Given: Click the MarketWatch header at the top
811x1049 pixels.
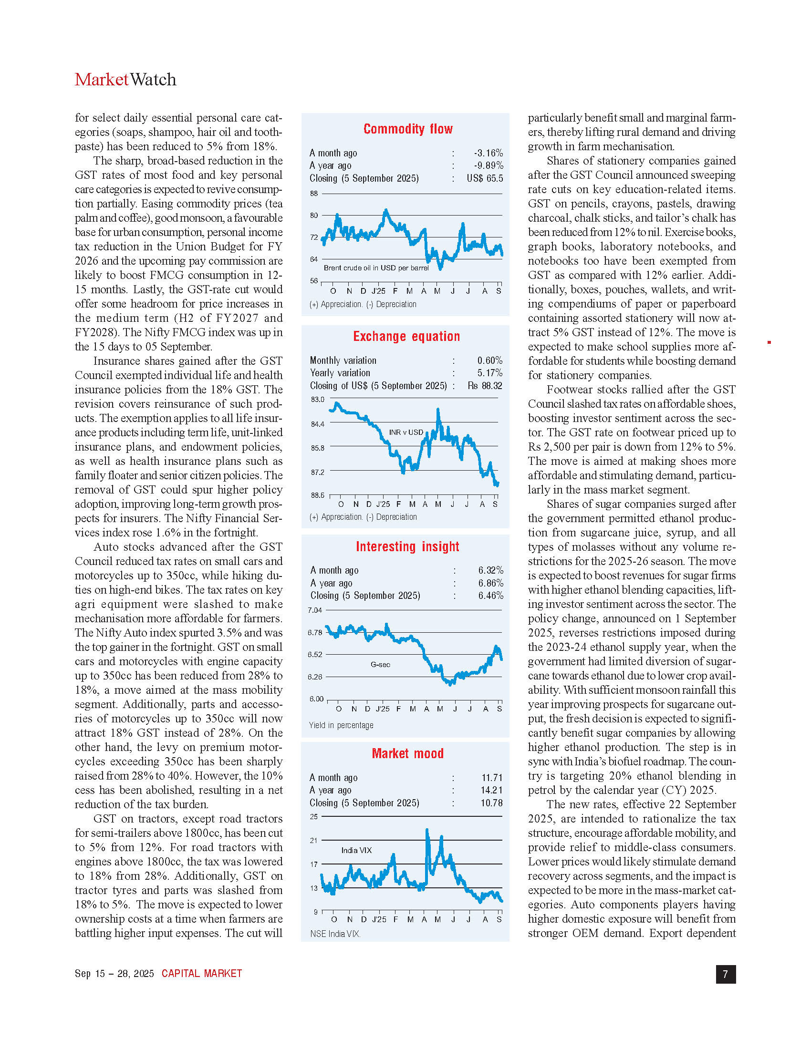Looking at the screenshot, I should point(125,80).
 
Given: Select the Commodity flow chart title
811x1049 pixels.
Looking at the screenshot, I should point(408,129).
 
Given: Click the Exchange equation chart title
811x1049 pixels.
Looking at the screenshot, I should point(406,336).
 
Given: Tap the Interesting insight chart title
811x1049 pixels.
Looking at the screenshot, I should point(407,546).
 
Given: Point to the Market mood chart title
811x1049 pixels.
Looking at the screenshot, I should point(407,753).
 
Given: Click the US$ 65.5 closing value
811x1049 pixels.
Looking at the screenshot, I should point(485,178).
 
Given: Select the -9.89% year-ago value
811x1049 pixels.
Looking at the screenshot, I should point(488,166).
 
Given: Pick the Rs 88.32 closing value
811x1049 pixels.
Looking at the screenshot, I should point(485,386).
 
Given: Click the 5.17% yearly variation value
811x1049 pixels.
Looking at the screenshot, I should point(489,373).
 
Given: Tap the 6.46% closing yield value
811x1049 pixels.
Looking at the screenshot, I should point(490,596).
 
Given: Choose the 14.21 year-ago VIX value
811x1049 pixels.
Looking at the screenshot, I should point(491,790).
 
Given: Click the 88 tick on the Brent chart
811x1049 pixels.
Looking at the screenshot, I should point(314,194).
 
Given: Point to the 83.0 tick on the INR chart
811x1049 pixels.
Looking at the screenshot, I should point(318,400).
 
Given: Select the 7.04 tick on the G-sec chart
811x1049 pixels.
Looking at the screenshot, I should point(315,610).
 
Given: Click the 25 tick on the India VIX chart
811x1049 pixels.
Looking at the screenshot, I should point(314,816).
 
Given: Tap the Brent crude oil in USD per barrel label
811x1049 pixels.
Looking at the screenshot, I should point(376,268).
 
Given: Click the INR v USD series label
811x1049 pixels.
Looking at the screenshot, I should point(406,432).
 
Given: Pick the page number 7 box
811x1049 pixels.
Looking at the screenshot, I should point(725,974).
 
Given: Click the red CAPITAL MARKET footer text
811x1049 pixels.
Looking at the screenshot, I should point(202,974).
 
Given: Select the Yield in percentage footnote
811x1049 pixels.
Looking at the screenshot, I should point(341,725).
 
